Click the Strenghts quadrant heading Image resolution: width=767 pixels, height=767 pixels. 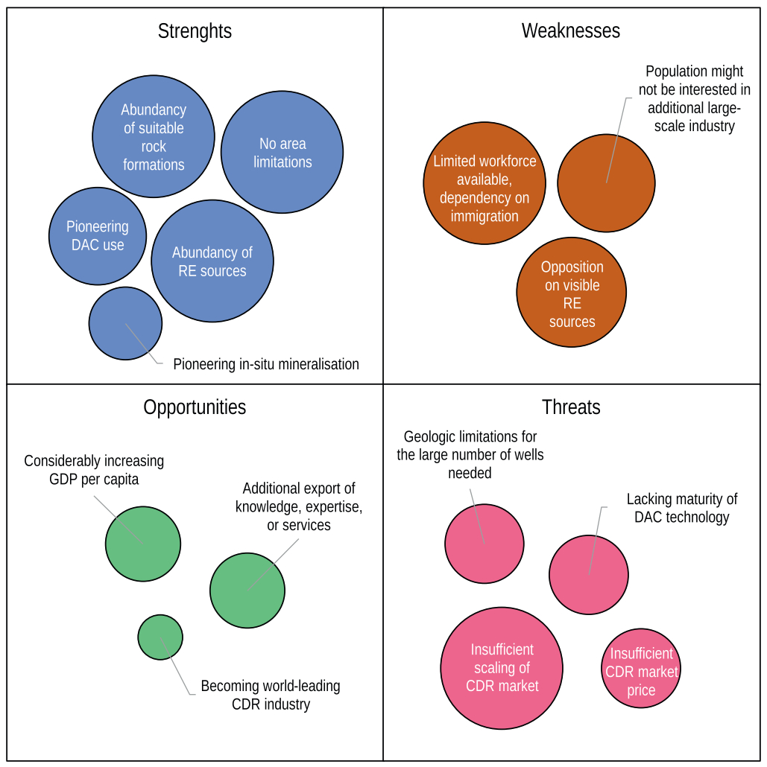(x=195, y=31)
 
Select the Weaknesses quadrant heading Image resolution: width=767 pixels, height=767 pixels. (x=570, y=31)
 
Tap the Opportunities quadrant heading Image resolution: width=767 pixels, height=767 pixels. (x=195, y=407)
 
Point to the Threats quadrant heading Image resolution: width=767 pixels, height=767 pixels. (x=571, y=407)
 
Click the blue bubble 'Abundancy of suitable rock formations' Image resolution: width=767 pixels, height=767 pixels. (x=154, y=137)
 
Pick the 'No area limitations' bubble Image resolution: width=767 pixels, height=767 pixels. (x=282, y=153)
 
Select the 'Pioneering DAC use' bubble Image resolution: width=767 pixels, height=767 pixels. (x=98, y=235)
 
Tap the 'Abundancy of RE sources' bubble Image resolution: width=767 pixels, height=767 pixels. (x=212, y=261)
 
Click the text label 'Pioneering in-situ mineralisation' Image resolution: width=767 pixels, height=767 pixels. (x=266, y=364)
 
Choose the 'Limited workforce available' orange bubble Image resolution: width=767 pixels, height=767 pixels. (x=484, y=188)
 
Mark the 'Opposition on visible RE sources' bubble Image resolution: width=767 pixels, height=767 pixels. (x=572, y=293)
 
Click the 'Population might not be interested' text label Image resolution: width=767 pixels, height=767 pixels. (x=694, y=98)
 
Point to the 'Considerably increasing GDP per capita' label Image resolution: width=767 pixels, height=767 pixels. (x=94, y=470)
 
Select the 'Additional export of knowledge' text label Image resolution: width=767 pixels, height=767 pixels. (x=299, y=507)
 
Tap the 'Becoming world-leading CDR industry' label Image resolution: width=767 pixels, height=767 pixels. (x=271, y=695)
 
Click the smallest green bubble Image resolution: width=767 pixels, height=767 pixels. (x=160, y=637)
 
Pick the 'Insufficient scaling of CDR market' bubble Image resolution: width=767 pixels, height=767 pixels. (x=502, y=668)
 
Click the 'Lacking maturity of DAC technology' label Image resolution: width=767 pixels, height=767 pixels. (x=681, y=508)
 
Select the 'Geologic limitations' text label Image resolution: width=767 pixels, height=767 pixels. (x=470, y=454)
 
